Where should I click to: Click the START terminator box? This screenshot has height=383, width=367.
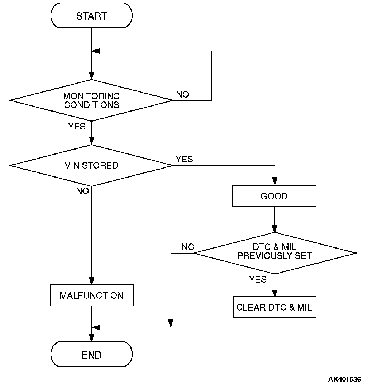[91, 16]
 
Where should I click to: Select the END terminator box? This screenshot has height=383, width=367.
[91, 354]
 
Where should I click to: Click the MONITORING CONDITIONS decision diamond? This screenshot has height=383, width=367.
[91, 100]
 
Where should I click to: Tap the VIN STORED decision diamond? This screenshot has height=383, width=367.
[91, 165]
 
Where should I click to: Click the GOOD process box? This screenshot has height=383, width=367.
[274, 196]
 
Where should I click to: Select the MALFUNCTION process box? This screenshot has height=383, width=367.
[91, 295]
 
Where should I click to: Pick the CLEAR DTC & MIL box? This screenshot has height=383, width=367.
[274, 307]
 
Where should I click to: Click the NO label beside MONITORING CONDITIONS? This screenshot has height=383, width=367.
[182, 94]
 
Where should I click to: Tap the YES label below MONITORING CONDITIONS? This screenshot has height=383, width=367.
[77, 126]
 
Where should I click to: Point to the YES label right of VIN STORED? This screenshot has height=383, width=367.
[184, 159]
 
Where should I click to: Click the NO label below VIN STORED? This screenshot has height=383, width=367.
[82, 191]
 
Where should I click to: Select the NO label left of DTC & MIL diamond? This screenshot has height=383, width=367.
[188, 247]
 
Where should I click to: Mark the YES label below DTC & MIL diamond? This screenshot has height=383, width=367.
[258, 279]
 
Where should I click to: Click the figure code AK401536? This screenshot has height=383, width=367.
[344, 379]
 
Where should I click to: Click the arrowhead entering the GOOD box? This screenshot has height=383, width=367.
[274, 182]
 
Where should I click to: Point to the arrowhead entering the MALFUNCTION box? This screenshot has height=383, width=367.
[92, 282]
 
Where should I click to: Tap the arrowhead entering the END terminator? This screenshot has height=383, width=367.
[92, 339]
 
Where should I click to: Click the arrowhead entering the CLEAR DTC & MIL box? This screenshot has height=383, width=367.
[275, 293]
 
